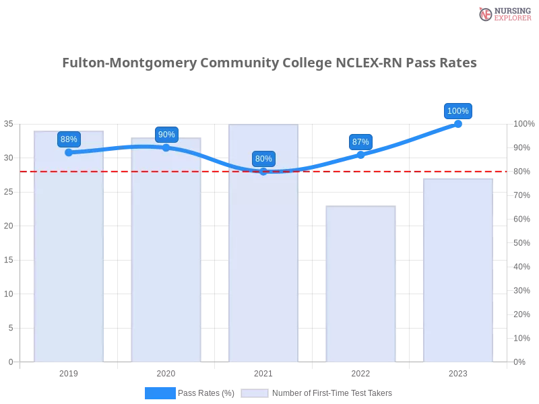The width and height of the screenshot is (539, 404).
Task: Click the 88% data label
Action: click(69, 139)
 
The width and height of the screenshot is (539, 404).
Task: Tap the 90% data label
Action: click(166, 134)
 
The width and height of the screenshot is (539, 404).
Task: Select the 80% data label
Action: click(263, 159)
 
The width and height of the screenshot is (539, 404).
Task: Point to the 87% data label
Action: click(360, 142)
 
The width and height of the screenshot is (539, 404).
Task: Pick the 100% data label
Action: click(458, 111)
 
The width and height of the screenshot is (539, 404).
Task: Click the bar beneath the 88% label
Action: click(69, 256)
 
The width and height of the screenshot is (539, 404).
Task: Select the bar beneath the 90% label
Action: click(166, 256)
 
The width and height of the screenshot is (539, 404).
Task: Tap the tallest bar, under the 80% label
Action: click(263, 256)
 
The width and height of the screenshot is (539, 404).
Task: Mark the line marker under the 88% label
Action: click(69, 152)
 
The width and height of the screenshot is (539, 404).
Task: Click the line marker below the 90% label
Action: click(166, 147)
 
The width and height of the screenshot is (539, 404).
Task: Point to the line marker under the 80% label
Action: click(263, 172)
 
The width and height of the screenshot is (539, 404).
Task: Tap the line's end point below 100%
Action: click(458, 124)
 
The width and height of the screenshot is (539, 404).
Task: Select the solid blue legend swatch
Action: click(160, 393)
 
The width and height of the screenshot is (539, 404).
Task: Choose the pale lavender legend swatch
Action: click(255, 393)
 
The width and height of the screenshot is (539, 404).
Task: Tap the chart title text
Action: click(269, 63)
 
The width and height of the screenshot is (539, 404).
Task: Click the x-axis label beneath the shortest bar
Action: click(361, 372)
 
